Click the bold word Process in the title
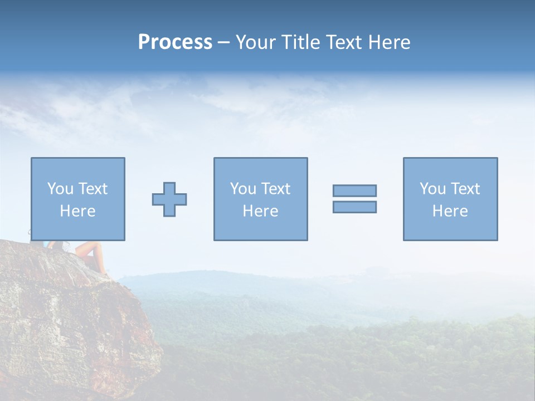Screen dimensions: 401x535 (x=175, y=42)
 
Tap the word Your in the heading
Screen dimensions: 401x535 (x=256, y=42)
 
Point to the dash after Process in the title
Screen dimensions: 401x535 (x=223, y=43)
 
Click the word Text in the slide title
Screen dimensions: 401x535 (x=344, y=42)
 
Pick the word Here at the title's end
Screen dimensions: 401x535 (x=390, y=42)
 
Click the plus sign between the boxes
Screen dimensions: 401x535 (x=169, y=199)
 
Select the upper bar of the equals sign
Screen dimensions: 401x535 (x=354, y=190)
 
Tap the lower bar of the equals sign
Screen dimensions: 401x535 (x=354, y=207)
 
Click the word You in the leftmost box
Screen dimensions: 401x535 (x=60, y=189)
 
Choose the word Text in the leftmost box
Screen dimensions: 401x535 (x=92, y=189)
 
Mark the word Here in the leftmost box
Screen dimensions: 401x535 (x=77, y=211)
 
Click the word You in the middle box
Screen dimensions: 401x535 (x=242, y=189)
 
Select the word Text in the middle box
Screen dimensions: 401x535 (x=275, y=189)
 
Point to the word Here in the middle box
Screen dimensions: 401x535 (x=260, y=211)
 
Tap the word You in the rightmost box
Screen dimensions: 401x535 (x=432, y=189)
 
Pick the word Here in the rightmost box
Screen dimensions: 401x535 (x=450, y=211)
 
